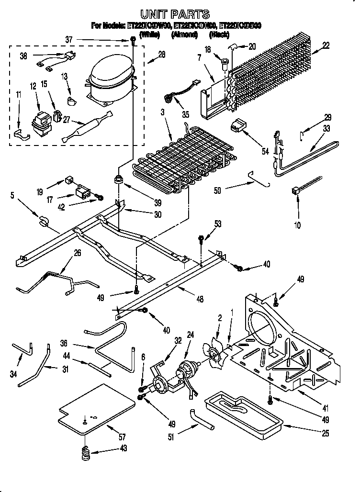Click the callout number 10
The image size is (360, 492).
[x=298, y=225]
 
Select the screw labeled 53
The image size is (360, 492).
[x=202, y=238]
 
